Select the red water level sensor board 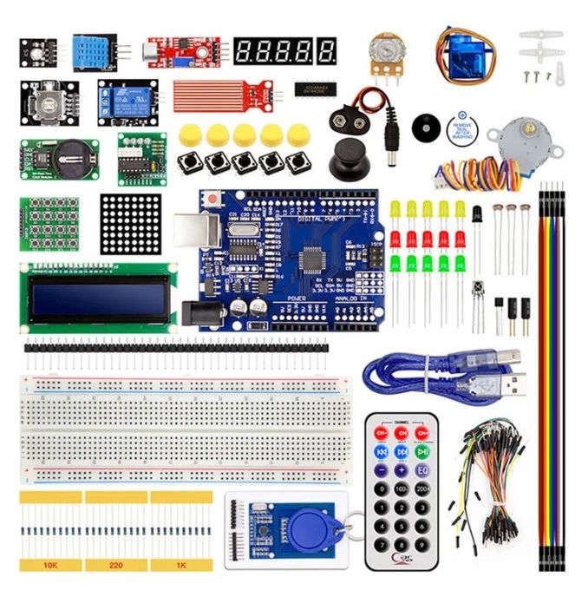click(220, 91)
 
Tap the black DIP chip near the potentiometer click(310, 88)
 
